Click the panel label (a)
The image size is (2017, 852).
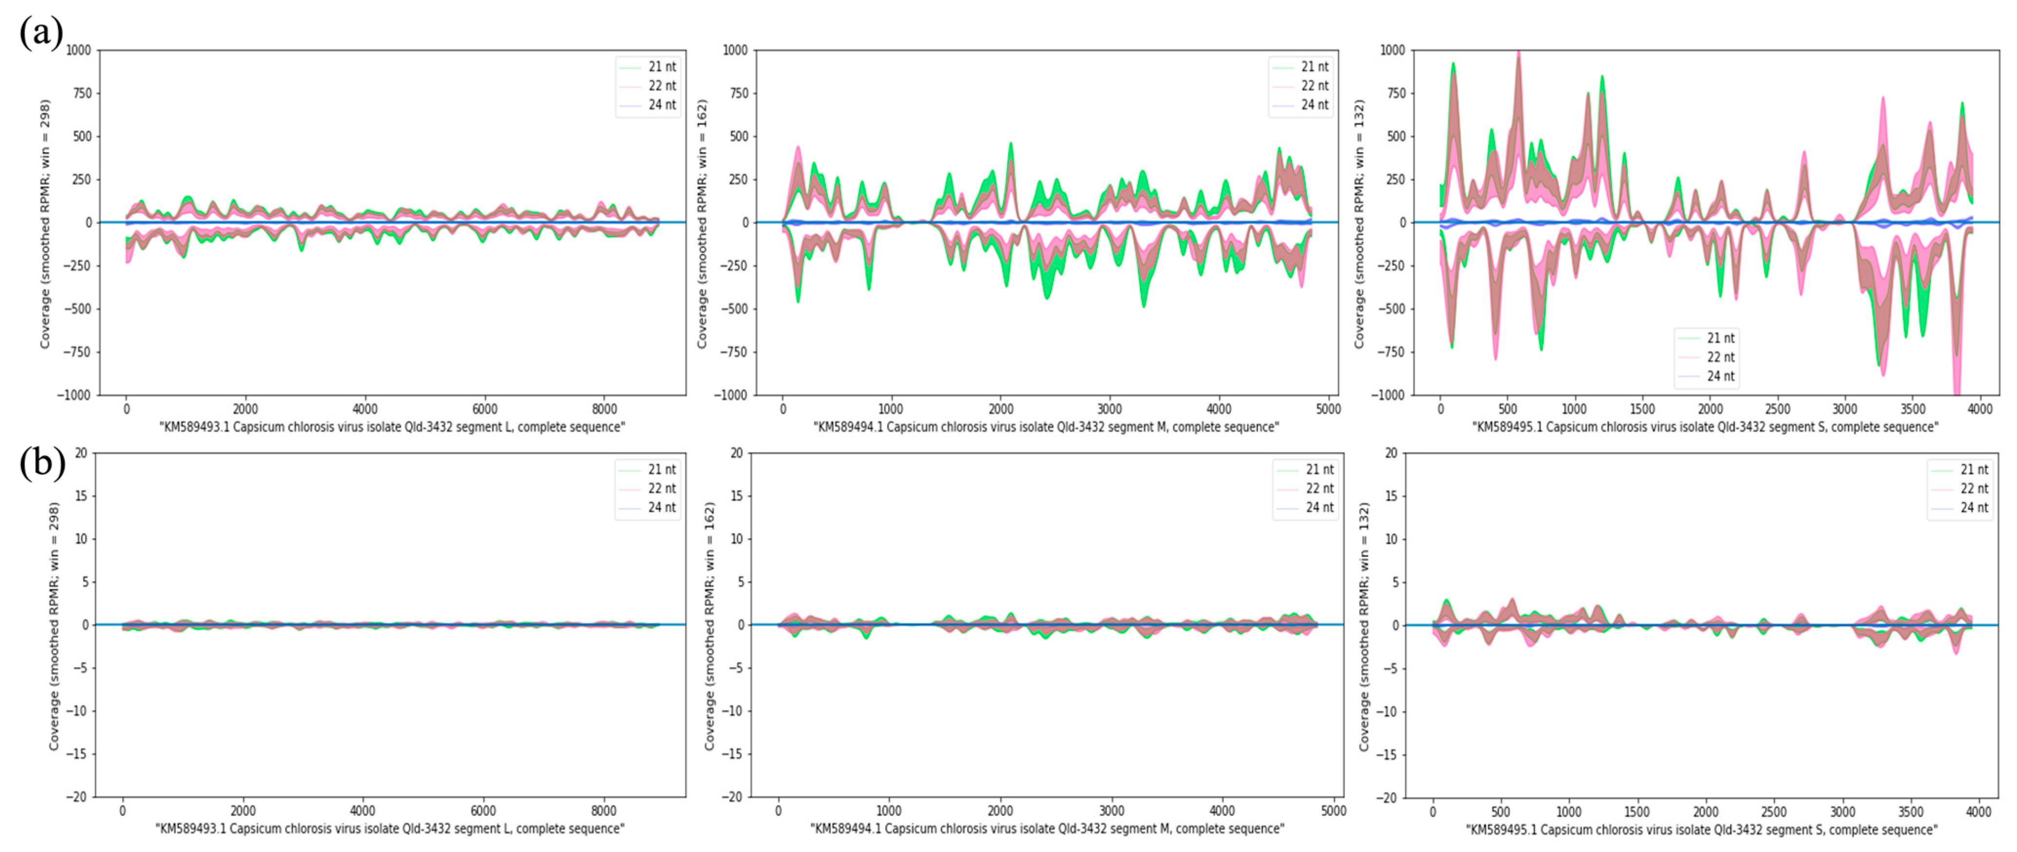(40, 33)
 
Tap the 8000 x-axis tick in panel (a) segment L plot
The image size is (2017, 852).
(604, 409)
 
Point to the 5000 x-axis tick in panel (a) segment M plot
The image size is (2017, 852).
(1328, 409)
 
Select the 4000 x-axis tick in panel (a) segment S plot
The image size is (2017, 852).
(1980, 409)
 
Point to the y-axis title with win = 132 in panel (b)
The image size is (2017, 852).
(1364, 627)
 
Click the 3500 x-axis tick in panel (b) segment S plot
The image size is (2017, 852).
(1911, 812)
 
